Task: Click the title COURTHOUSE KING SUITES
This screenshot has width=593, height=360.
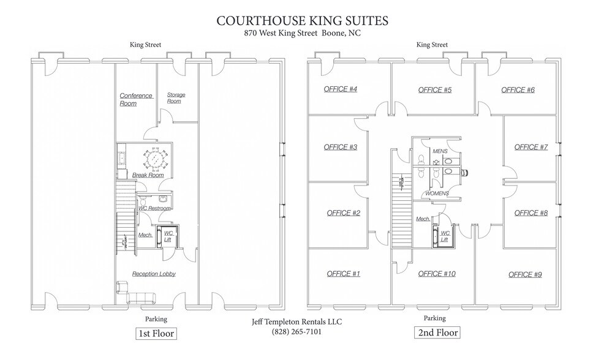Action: point(302,21)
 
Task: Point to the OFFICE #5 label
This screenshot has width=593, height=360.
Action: point(435,90)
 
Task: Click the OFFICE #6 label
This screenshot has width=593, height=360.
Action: point(518,90)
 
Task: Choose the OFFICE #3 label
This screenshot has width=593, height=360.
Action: point(341,147)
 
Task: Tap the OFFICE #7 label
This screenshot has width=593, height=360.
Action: point(531,147)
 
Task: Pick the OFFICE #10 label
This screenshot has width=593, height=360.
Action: point(437,274)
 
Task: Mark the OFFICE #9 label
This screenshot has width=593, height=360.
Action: point(525,274)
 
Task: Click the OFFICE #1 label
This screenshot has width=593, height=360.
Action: point(343,274)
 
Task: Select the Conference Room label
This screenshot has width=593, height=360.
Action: point(136,99)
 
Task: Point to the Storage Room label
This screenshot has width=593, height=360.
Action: point(176,98)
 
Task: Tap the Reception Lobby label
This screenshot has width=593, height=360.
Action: point(154,274)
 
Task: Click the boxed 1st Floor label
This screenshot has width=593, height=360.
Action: point(156,334)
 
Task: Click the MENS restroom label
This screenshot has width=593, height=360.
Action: point(440,151)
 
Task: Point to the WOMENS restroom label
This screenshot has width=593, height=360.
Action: point(437,193)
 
